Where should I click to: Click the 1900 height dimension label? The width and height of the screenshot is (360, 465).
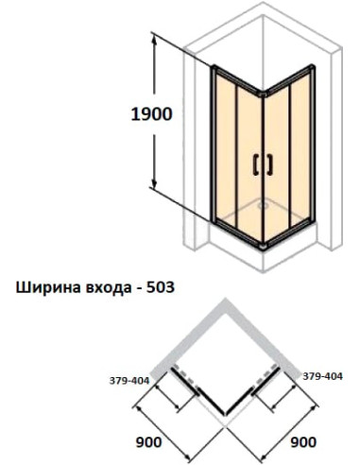[x=151, y=115]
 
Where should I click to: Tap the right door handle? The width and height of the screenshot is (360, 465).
[x=269, y=163]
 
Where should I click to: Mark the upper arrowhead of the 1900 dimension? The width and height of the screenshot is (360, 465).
[x=152, y=38]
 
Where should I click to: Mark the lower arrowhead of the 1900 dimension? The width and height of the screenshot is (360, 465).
[x=152, y=195]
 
